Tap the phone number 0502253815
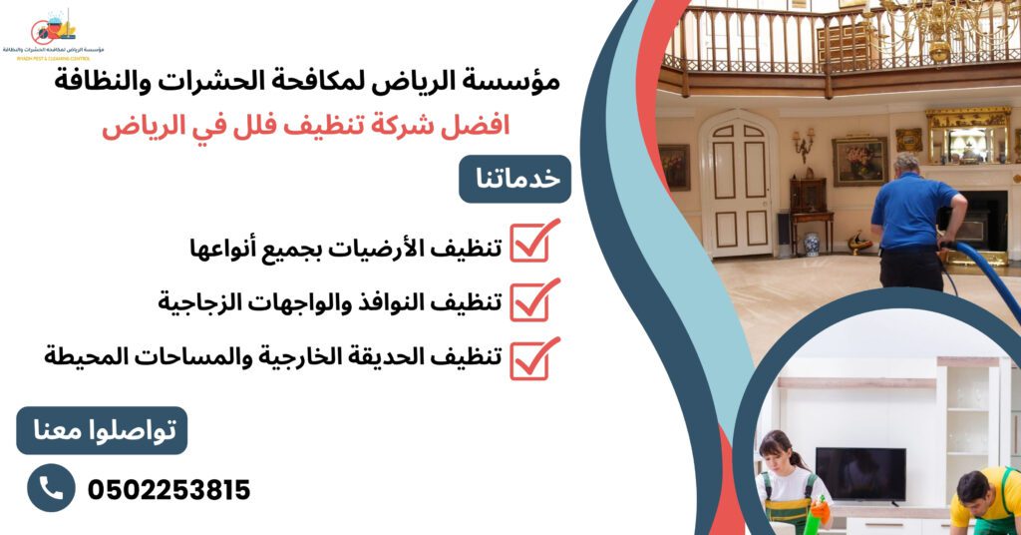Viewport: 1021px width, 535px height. tap(169, 490)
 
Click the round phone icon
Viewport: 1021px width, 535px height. tap(51, 488)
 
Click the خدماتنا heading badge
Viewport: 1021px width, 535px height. tap(514, 180)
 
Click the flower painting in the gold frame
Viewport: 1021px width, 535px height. tap(859, 161)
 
